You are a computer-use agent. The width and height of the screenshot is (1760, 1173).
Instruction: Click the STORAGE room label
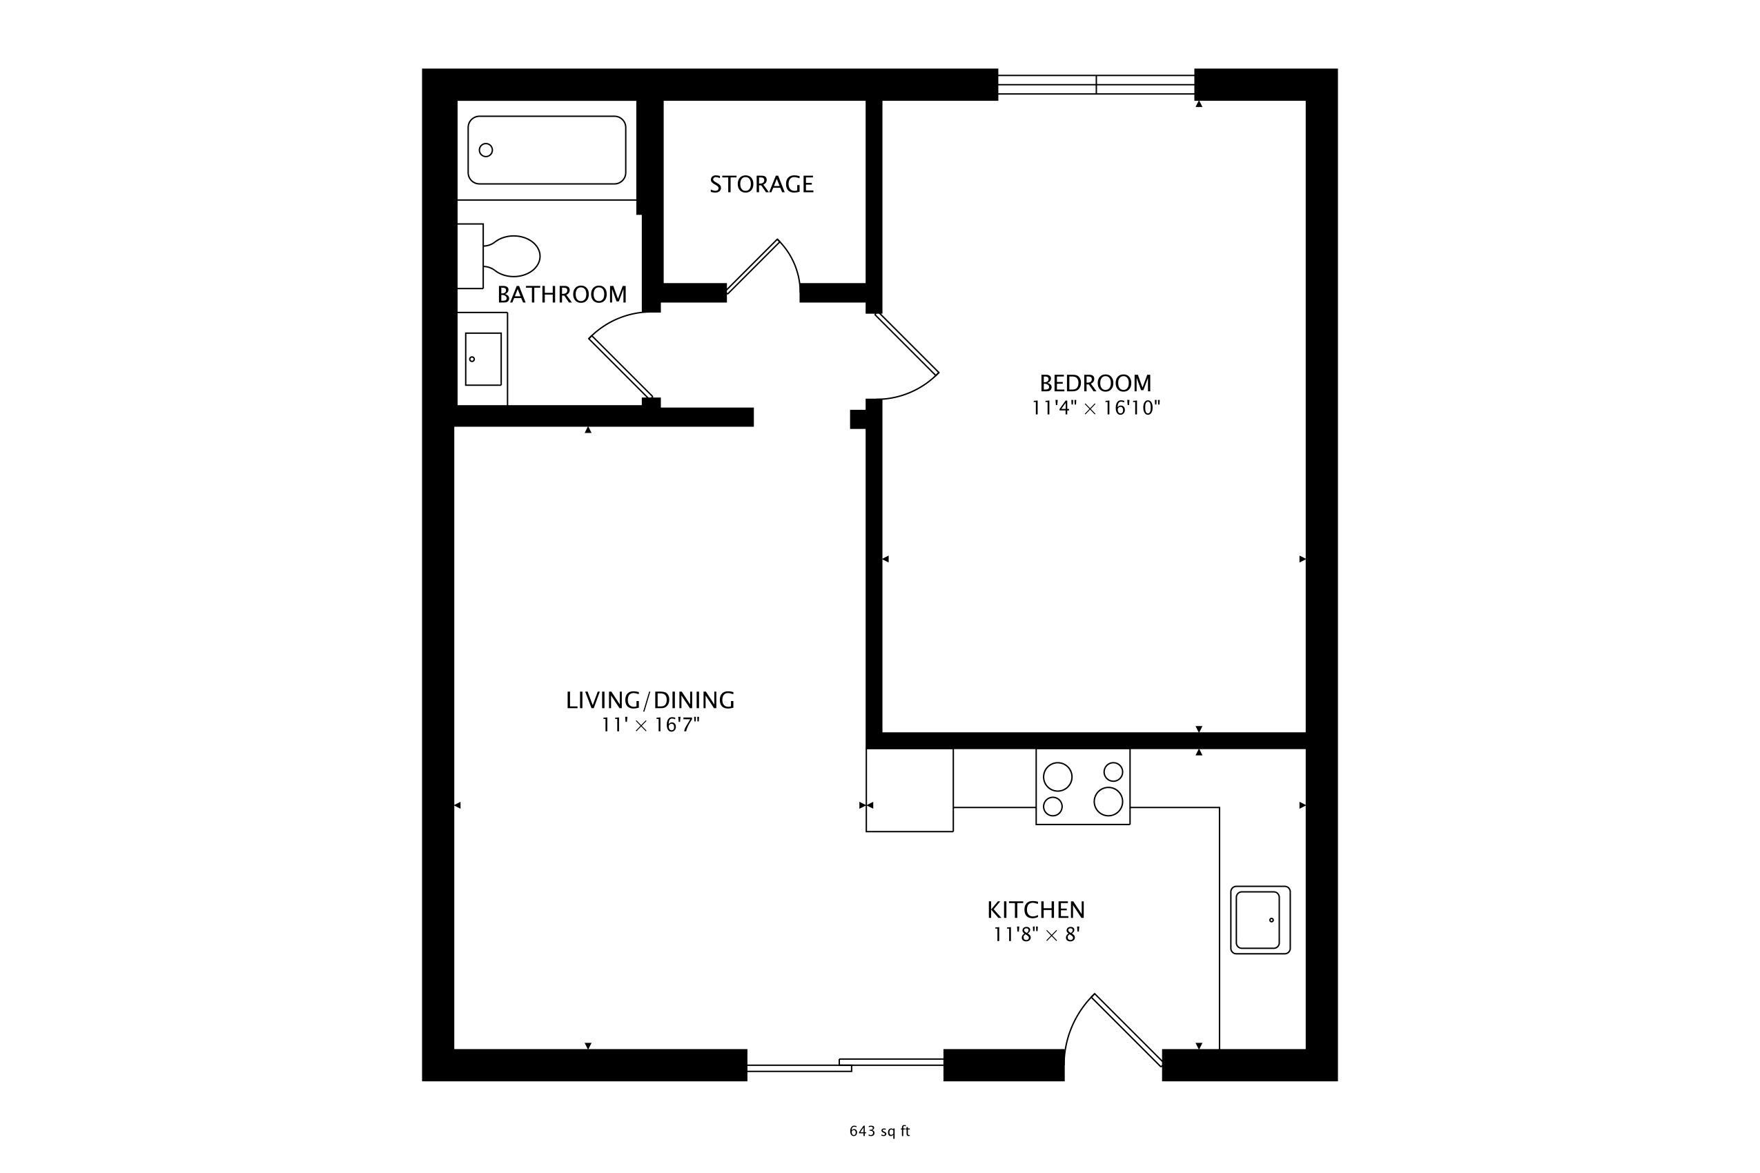tap(761, 184)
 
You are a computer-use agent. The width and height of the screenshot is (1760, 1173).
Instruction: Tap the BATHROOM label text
tap(562, 295)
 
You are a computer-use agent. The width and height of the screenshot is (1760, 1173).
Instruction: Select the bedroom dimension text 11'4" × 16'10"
tap(1095, 408)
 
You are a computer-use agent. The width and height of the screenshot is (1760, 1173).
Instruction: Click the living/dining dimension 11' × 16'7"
tap(650, 725)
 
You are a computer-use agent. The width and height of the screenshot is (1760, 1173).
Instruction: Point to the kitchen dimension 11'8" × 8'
tap(1037, 935)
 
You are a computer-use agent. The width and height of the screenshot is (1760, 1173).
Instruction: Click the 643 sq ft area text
tap(879, 1131)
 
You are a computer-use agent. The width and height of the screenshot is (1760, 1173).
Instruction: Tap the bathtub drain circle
tap(486, 150)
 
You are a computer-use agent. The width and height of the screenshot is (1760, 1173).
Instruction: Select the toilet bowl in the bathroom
tap(515, 255)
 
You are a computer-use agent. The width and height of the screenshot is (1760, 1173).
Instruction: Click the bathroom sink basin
tap(482, 359)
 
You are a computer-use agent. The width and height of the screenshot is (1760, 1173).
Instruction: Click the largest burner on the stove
tap(1108, 801)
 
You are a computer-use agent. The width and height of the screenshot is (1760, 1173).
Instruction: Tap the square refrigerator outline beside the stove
tap(909, 790)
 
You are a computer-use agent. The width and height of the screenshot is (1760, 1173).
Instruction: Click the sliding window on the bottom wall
tap(845, 1065)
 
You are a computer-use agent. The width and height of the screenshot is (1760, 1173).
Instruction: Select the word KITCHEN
tap(1036, 910)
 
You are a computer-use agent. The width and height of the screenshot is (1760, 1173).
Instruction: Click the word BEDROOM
tap(1095, 384)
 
